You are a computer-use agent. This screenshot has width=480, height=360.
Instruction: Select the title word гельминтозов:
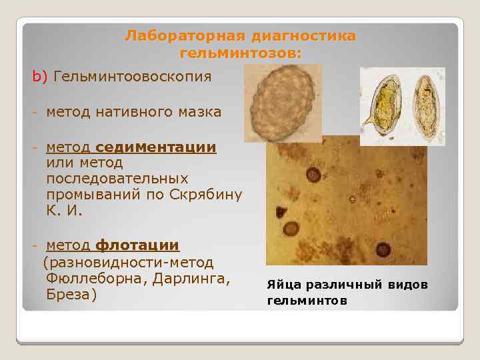tap(240, 53)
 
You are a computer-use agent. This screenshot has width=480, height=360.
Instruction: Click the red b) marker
tap(40, 77)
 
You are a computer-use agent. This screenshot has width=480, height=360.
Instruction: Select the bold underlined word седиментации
tap(156, 147)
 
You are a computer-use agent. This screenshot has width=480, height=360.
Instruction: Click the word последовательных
tap(117, 179)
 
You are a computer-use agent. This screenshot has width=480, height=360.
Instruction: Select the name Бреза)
tap(72, 295)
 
